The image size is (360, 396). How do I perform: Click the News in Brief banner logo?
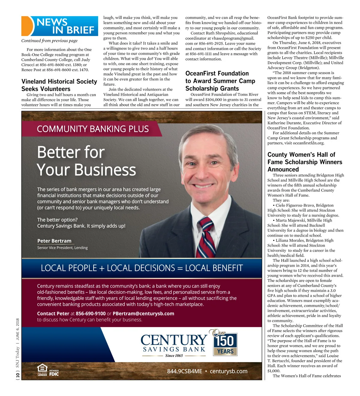click(60, 26)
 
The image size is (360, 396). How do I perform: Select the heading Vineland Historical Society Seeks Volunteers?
click(59, 85)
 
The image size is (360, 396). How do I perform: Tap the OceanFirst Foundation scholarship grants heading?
click(220, 81)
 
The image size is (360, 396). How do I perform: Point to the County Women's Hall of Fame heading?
click(304, 162)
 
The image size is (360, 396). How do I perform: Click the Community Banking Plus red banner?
click(93, 129)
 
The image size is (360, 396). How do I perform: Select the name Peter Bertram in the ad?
click(54, 241)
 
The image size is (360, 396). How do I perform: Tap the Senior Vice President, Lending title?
click(62, 248)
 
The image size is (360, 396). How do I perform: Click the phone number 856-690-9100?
click(91, 313)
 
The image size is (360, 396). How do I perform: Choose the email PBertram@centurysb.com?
click(143, 313)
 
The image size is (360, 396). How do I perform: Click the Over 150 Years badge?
click(225, 343)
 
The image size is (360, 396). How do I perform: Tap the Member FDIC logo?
click(54, 373)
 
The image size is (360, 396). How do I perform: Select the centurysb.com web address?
click(229, 371)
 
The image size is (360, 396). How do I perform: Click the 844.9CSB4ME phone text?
click(184, 371)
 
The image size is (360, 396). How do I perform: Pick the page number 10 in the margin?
click(18, 375)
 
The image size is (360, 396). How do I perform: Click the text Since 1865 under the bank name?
click(174, 355)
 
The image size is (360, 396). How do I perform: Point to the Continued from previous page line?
click(49, 41)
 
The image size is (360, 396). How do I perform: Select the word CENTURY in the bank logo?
click(174, 340)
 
